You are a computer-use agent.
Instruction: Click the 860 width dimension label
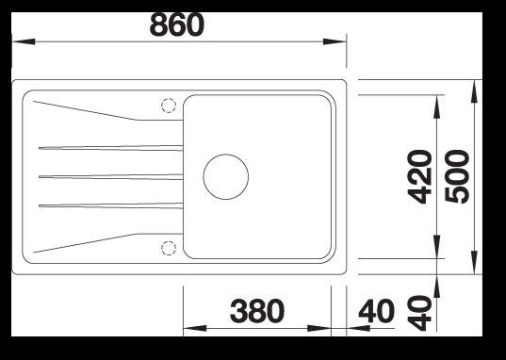pyautogui.click(x=177, y=25)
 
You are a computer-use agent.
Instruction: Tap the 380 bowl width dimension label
pyautogui.click(x=257, y=311)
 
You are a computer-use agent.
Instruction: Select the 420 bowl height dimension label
pyautogui.click(x=419, y=177)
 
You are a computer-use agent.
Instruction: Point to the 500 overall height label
pyautogui.click(x=457, y=177)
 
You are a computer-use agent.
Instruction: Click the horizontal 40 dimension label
pyautogui.click(x=377, y=311)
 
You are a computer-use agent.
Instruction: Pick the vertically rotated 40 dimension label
pyautogui.click(x=419, y=313)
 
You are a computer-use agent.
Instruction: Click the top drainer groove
pyautogui.click(x=110, y=148)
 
